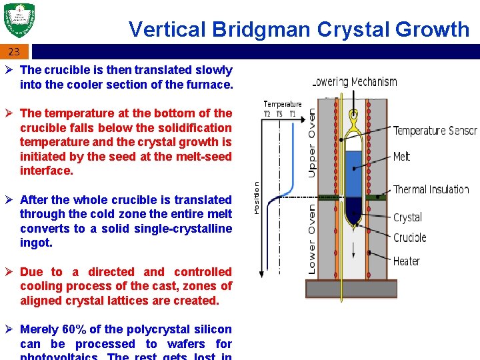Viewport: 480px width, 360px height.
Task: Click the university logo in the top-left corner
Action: pos(19,21)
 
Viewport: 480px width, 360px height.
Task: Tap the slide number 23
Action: pos(14,51)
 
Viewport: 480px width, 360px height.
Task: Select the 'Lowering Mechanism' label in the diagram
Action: pos(355,82)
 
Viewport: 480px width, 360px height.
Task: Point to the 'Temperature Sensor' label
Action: pos(435,131)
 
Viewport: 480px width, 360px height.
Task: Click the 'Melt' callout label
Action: pos(402,157)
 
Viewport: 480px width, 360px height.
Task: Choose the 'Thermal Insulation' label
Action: pos(431,189)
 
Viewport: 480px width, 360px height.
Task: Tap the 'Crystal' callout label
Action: pos(407,217)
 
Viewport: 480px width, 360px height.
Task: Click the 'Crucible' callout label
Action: pos(409,238)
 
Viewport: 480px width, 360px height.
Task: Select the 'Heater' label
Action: pos(407,261)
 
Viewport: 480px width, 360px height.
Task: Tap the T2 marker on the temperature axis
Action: pos(267,113)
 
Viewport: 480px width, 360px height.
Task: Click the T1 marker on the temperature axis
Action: pos(292,113)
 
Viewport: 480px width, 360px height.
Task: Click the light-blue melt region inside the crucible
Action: pos(353,170)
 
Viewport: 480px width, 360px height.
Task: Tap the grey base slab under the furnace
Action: pos(351,288)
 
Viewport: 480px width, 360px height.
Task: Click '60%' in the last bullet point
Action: pos(76,329)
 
